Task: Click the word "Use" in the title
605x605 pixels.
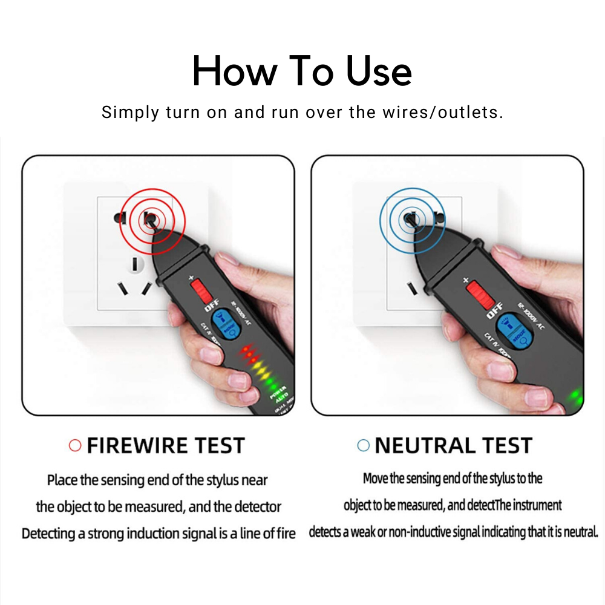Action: [x=379, y=71]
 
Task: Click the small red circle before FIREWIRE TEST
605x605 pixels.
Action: [x=75, y=446]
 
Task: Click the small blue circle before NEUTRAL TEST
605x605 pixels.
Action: [x=363, y=446]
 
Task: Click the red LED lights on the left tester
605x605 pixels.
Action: [x=249, y=352]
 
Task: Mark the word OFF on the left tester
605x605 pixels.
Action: [x=211, y=307]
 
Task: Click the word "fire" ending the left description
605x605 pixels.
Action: [x=284, y=534]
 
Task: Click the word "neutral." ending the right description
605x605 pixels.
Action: [x=583, y=532]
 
